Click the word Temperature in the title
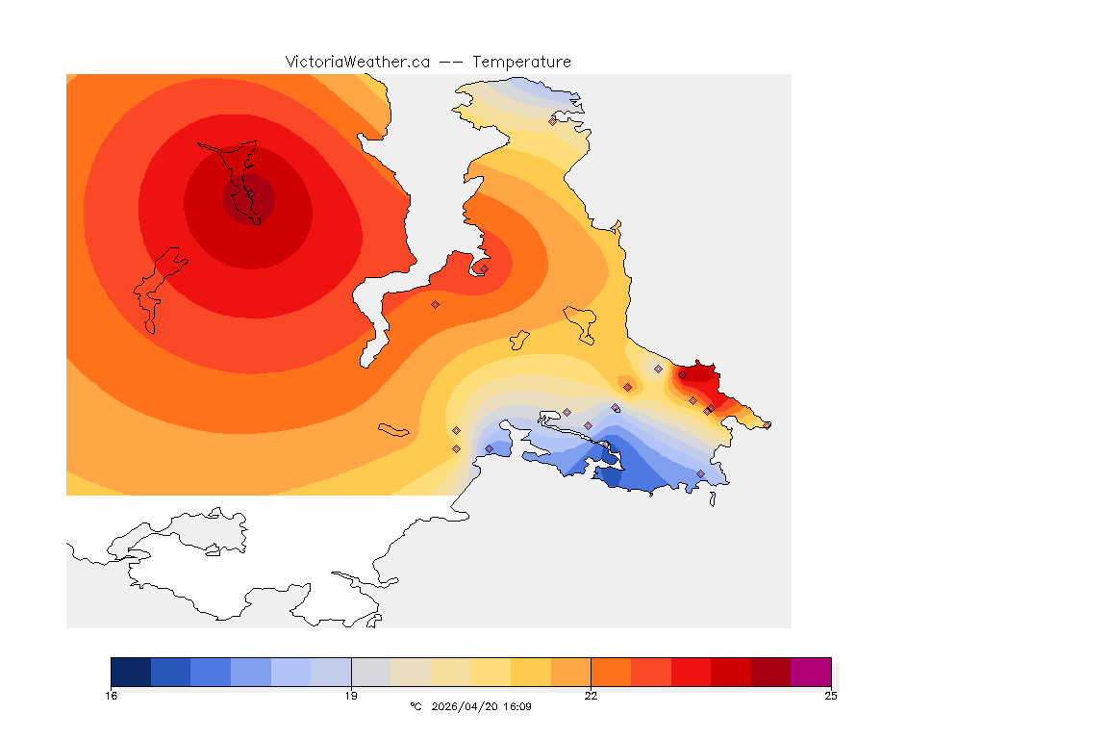coord(521,62)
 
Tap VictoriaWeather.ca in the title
coord(357,62)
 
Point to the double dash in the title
coord(451,62)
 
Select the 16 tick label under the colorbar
coord(112,696)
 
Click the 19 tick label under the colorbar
coord(351,696)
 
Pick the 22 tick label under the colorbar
coord(591,696)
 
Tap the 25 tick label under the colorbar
coord(831,696)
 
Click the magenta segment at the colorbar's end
coord(811,672)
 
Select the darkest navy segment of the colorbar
coord(131,672)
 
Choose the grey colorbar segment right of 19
coord(370,672)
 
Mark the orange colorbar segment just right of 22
coord(611,672)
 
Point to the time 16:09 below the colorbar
coord(518,707)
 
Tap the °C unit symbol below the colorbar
coord(415,707)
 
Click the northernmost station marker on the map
coord(552,121)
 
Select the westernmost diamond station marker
coord(435,304)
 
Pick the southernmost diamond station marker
coord(700,473)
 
